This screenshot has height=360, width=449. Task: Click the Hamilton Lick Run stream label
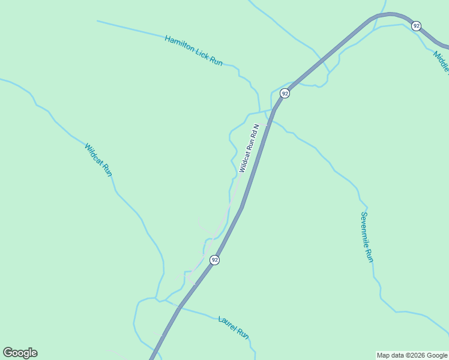[x=193, y=50]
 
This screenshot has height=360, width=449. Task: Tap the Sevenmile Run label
[x=367, y=236]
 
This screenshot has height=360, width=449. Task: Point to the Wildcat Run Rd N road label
[x=249, y=148]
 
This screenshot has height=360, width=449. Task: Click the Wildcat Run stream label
[x=98, y=159]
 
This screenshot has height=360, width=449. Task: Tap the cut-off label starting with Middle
[x=441, y=61]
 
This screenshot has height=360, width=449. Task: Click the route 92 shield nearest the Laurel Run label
[x=214, y=260]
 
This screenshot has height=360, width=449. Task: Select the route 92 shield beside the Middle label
[x=416, y=26]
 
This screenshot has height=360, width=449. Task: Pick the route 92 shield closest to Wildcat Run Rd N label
[x=285, y=93]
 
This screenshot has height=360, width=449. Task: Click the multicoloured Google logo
[x=20, y=353]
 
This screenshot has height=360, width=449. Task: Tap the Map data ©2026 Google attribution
[x=412, y=355]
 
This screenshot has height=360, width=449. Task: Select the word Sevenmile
[x=364, y=227]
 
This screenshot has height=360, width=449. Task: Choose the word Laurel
[x=228, y=323]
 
